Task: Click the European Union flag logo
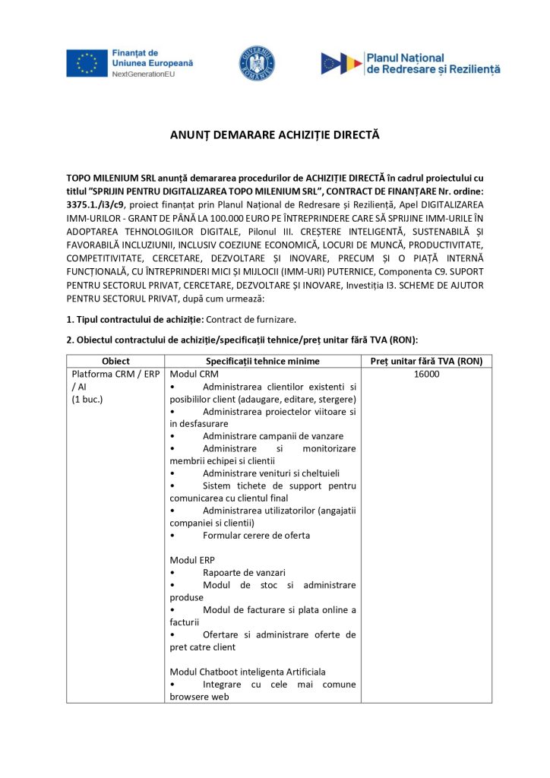pos(87,64)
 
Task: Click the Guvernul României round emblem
pos(257,64)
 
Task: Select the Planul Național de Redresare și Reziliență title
pos(433,63)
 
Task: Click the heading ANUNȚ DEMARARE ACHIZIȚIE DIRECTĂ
pos(274,135)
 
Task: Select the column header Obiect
pos(115,361)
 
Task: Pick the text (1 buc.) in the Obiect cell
pos(87,399)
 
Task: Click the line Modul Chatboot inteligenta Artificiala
pos(248,672)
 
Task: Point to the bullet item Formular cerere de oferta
pos(256,535)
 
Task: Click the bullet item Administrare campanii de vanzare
pos(273,436)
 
